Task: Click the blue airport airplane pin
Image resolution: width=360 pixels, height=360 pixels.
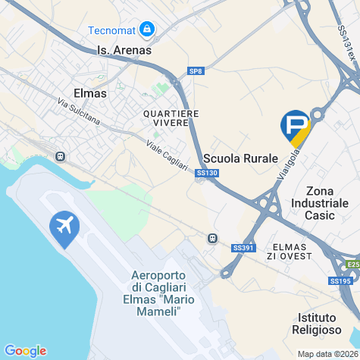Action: point(64,227)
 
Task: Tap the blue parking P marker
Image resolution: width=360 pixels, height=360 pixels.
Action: point(296,126)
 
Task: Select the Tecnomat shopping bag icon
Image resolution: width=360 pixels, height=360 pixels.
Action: point(146,30)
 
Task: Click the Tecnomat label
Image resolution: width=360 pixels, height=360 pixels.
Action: point(111,30)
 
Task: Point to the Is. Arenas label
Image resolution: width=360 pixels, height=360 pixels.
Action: point(124,50)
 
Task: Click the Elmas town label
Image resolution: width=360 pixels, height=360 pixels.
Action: point(90,92)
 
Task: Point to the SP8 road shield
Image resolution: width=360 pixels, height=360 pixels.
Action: point(196,71)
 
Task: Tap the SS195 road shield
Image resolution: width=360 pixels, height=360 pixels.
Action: point(341,281)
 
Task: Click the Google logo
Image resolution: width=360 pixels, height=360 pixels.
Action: point(25,350)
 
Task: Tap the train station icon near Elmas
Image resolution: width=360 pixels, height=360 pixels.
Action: point(61,157)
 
